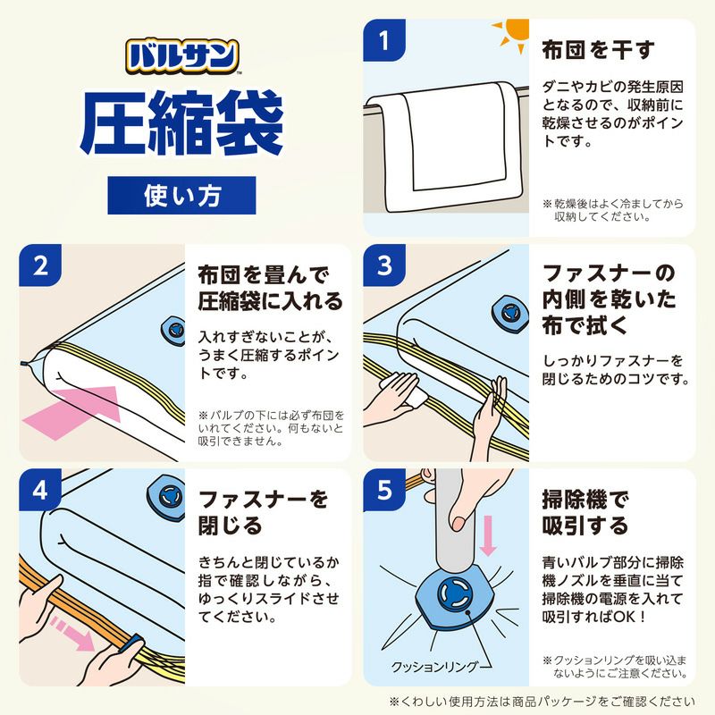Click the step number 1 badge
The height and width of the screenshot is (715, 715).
click(x=385, y=41)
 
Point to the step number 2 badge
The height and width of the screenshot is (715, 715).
click(x=40, y=265)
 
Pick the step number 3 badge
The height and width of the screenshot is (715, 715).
click(x=385, y=265)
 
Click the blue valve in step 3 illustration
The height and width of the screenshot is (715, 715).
click(x=509, y=312)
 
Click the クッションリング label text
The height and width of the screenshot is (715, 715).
click(x=437, y=667)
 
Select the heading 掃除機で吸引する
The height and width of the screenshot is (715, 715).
click(x=586, y=510)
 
